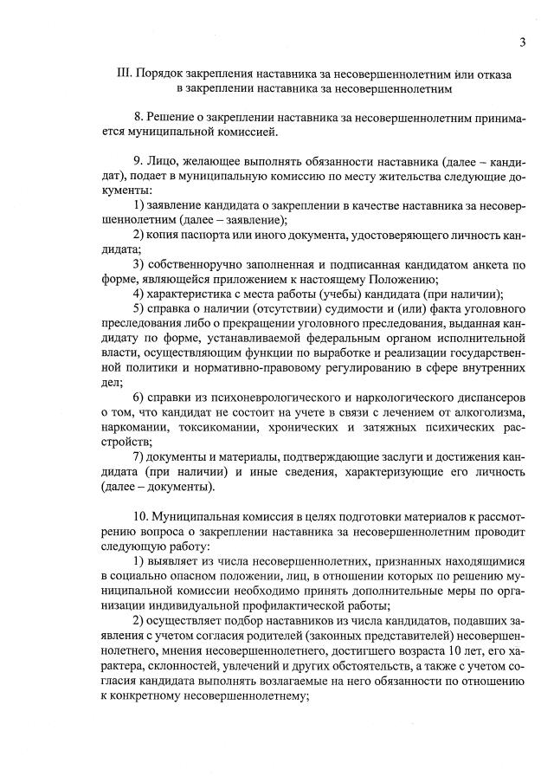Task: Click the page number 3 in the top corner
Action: coord(523,42)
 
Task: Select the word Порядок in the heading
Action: coord(163,74)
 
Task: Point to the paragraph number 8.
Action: coord(138,117)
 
